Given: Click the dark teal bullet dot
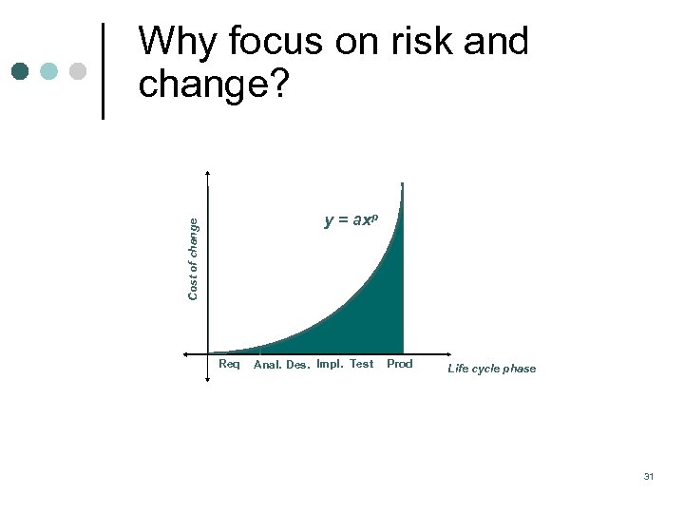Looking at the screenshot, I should (x=21, y=71).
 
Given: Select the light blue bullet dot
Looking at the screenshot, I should (x=48, y=71).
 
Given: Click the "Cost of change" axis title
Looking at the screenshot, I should (x=193, y=258).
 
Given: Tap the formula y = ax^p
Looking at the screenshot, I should (x=351, y=220).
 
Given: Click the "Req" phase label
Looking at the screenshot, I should (x=229, y=364).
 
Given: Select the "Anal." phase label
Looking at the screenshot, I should (x=268, y=365).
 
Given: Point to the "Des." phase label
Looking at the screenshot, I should (x=297, y=365).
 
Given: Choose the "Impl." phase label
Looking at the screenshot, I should (x=330, y=364).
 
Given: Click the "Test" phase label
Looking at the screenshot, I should (x=361, y=364).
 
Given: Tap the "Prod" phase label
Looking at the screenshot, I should (x=400, y=364).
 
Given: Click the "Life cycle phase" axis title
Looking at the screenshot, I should (x=491, y=369).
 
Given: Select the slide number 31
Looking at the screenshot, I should (x=648, y=476).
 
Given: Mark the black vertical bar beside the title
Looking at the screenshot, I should (x=104, y=70).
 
